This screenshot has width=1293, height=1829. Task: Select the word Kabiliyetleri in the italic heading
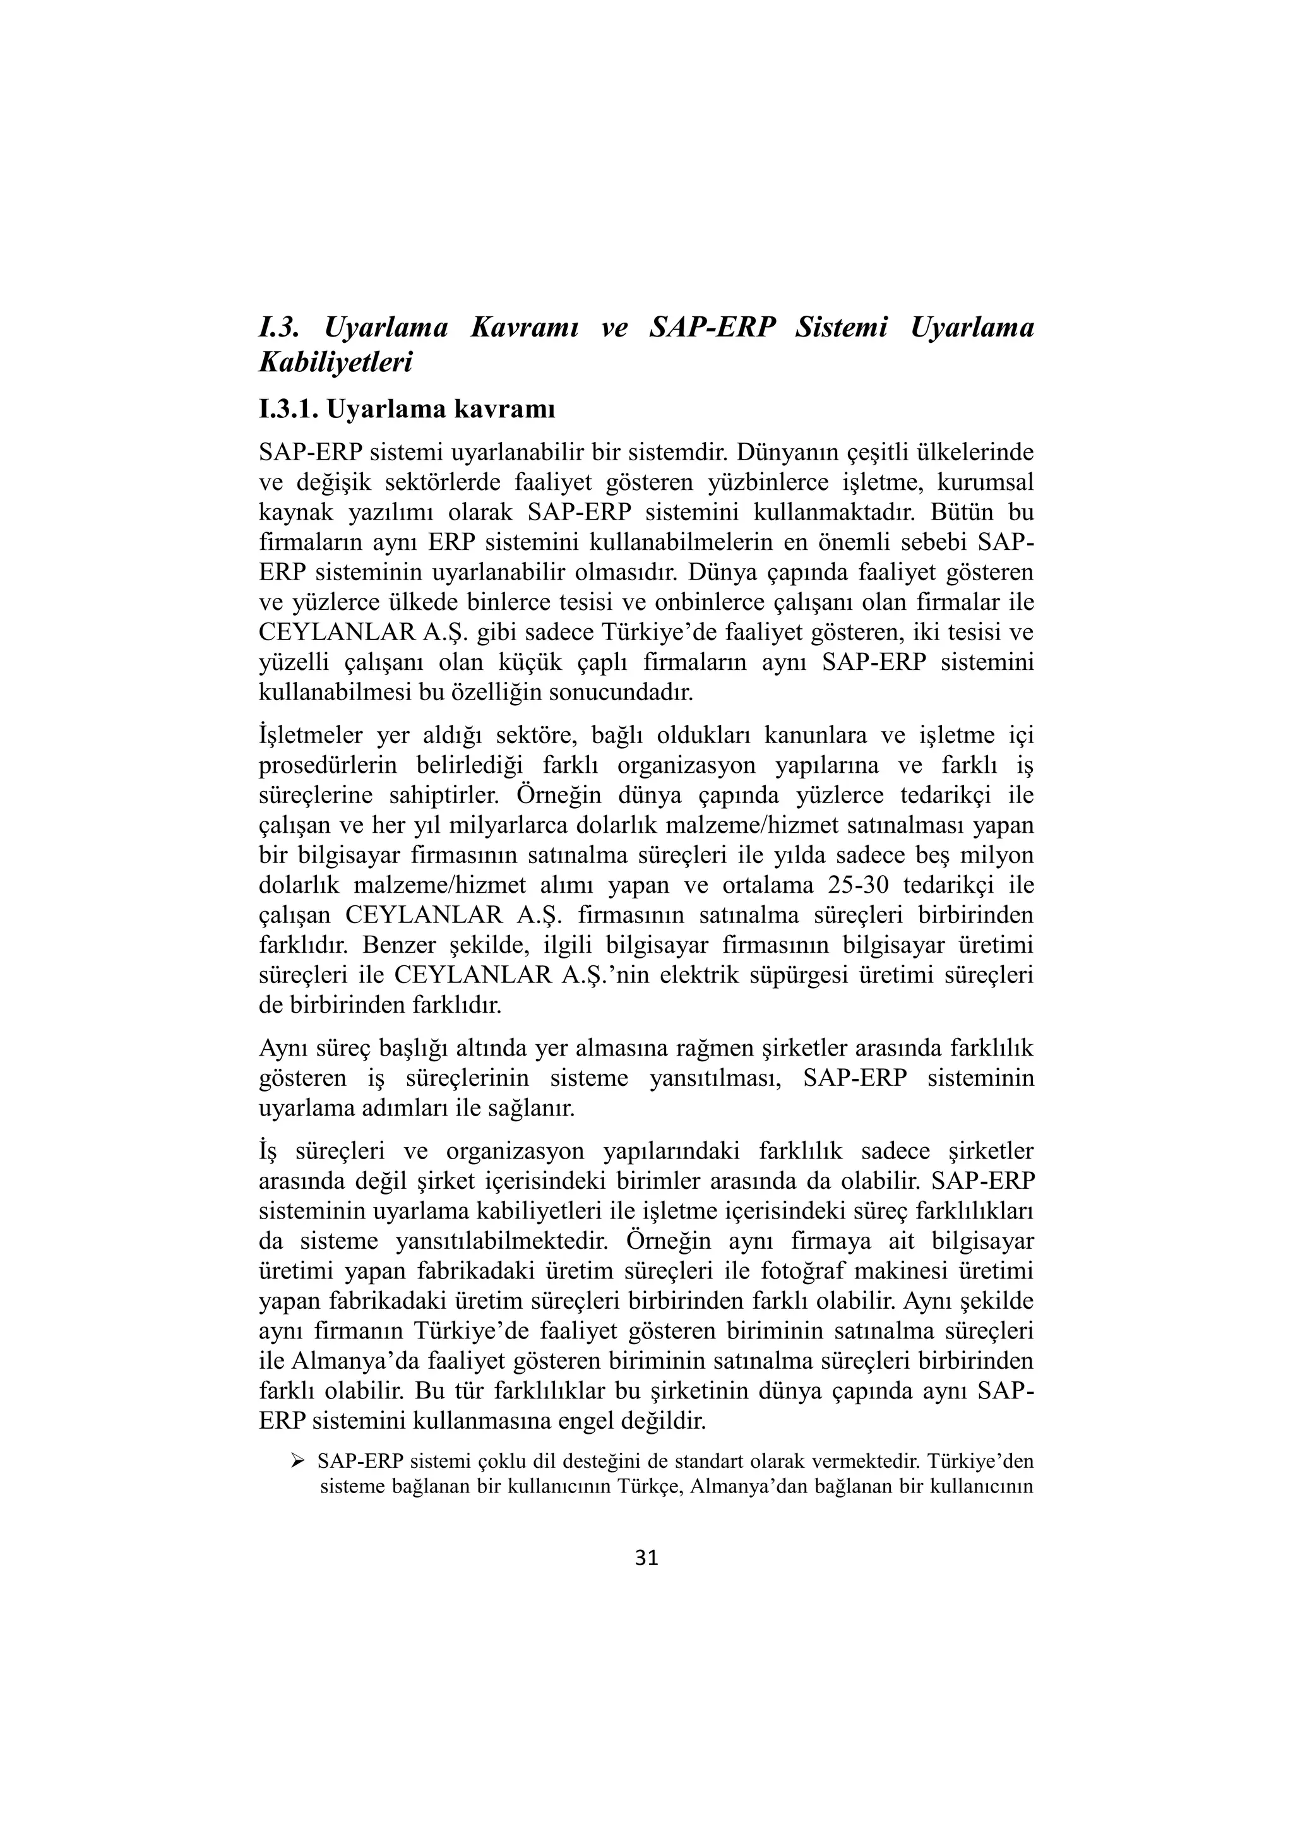point(335,362)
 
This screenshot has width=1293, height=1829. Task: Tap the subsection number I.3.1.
point(289,410)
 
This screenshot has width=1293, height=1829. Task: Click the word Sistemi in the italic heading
point(840,328)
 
